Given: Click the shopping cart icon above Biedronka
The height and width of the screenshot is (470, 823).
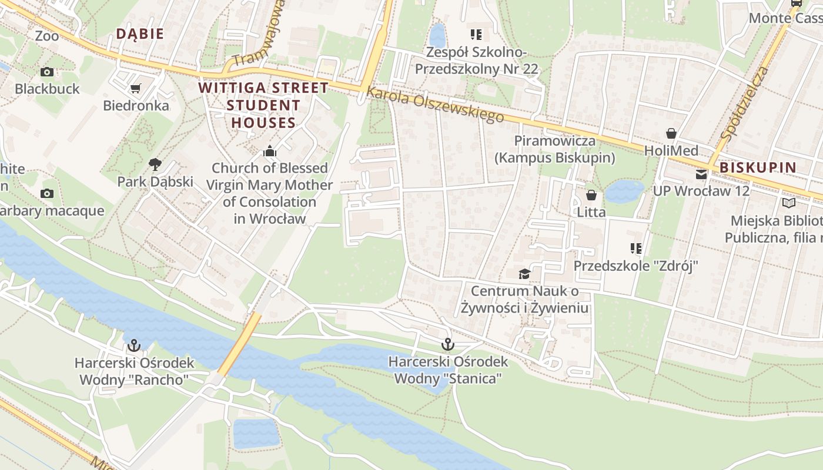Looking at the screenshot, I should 136,89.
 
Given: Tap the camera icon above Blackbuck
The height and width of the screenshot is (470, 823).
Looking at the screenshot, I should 47,72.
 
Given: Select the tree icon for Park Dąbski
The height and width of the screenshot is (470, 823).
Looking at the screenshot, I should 155,164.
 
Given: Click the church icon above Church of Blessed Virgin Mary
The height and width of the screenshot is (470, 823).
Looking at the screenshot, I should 270,151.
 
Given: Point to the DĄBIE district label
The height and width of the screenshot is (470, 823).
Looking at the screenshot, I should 140,34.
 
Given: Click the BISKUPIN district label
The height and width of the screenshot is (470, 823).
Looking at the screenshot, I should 758,167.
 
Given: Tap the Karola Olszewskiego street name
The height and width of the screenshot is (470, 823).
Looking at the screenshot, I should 435,105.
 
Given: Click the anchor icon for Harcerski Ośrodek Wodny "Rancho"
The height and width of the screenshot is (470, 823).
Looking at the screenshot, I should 134,345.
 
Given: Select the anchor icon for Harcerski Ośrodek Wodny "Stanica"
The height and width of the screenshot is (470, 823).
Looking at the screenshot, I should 448,344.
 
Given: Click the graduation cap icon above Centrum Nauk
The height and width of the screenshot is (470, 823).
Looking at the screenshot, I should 524,274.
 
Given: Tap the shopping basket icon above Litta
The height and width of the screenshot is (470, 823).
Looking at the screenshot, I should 591,195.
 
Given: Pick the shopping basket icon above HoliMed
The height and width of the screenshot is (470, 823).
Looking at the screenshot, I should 671,133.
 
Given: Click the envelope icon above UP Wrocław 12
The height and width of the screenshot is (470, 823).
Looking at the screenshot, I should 701,174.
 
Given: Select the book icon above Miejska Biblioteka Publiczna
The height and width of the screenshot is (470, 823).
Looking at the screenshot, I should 788,203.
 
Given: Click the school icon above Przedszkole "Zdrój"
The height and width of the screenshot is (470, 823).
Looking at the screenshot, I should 635,249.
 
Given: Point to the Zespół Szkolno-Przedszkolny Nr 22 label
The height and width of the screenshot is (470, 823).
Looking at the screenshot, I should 476,61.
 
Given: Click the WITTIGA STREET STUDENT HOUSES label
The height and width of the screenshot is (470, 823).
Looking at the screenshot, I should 263,105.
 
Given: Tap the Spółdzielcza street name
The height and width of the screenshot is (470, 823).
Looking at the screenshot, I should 744,105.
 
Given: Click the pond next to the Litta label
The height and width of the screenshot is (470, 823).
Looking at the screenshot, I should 624,191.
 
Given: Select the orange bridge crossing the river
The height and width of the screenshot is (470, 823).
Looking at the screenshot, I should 239,345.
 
